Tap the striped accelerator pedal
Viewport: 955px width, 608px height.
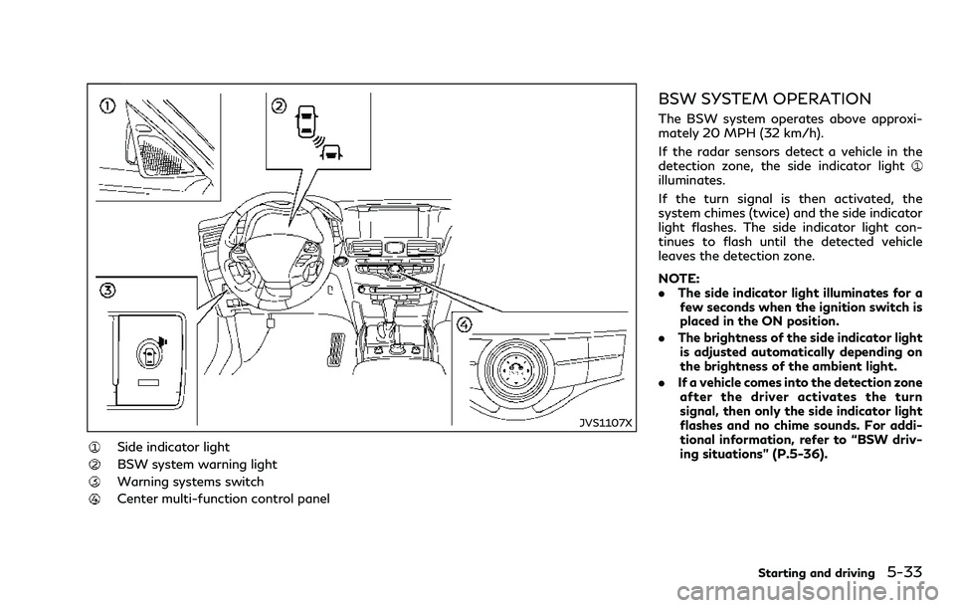(339, 351)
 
